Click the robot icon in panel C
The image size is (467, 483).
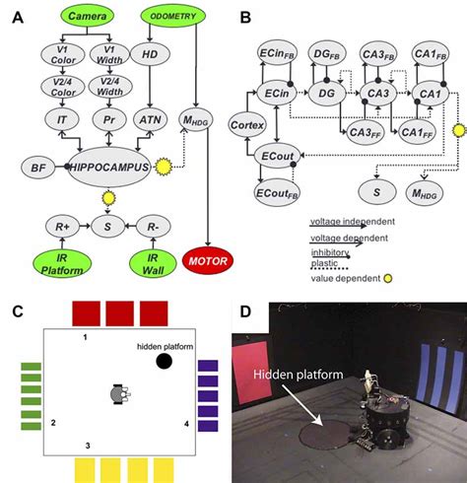[x=119, y=395]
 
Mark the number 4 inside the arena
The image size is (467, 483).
[x=184, y=424]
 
